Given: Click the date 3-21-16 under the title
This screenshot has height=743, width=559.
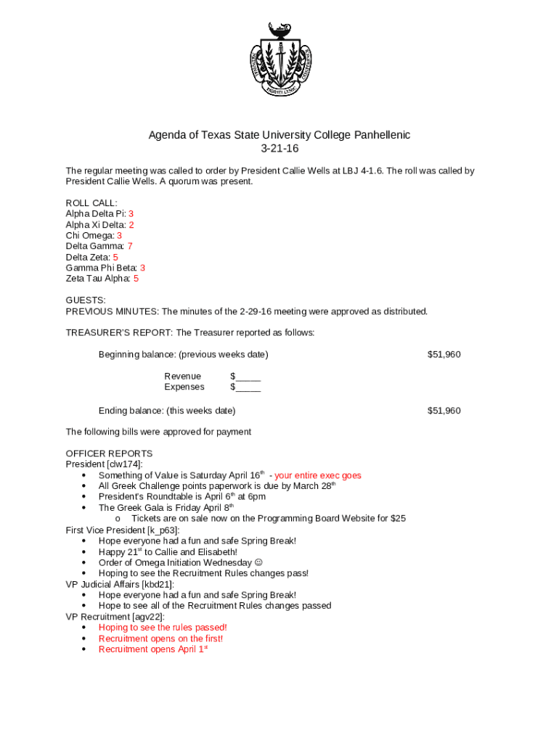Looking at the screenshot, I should coord(279,149).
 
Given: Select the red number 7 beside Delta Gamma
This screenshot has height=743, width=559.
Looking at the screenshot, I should coord(129,246).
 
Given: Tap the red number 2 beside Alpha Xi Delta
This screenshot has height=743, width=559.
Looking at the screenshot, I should coord(131,225).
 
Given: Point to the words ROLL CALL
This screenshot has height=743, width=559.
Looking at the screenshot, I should coord(91,203).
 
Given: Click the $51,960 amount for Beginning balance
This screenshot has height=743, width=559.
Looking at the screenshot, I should coord(444,354).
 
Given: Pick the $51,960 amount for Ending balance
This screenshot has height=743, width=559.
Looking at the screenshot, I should coord(444,411).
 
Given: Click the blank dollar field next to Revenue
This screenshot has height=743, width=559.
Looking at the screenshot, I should coord(245,376).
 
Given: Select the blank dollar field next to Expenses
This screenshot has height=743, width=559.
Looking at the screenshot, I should coord(245,387).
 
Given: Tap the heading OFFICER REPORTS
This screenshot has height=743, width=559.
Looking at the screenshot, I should coord(109,453).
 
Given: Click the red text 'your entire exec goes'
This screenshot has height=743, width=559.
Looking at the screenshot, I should coord(317,476).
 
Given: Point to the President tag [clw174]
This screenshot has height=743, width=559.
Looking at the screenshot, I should coord(124,464).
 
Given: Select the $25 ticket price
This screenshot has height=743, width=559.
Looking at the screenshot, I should coord(398,518).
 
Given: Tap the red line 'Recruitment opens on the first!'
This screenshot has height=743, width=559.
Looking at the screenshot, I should coord(160,639).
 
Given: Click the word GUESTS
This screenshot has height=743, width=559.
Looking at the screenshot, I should coord(86,300).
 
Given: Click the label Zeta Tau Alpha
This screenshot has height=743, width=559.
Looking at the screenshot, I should coord(98,279).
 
